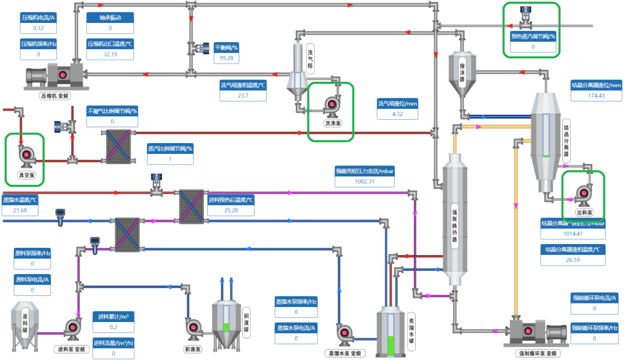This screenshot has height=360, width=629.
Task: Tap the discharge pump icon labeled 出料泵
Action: tap(583, 195)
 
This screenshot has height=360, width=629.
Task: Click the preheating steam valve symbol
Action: tap(526, 19)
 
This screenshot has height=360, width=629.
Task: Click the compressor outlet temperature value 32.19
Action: tap(110, 54)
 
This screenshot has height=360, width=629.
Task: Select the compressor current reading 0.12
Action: tap(38, 28)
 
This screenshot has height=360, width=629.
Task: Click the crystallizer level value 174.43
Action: tap(596, 96)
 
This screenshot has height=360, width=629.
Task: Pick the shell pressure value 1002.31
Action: tap(364, 182)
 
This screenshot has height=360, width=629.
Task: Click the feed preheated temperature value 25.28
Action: tap(231, 210)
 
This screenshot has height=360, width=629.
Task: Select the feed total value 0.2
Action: tap(113, 327)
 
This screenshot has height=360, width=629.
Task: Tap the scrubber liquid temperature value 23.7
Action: tap(243, 96)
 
